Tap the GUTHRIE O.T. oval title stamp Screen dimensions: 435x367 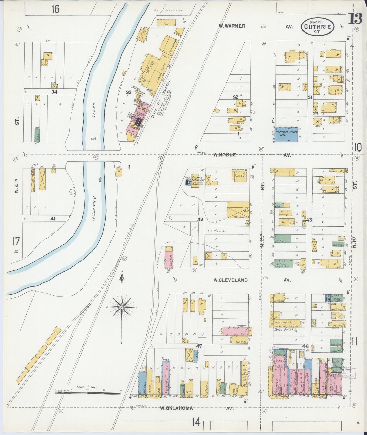(317, 26)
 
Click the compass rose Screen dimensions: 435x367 (122, 307)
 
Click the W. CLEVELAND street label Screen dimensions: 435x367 (230, 280)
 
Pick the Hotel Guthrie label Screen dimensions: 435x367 (285, 329)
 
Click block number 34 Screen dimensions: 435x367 (54, 92)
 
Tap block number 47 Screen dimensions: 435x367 (199, 346)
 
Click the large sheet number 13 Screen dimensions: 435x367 (355, 19)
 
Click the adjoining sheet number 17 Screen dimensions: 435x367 (16, 241)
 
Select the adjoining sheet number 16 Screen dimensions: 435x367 (55, 9)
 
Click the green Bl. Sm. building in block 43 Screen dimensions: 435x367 (282, 238)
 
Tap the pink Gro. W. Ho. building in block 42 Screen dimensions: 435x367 (169, 259)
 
